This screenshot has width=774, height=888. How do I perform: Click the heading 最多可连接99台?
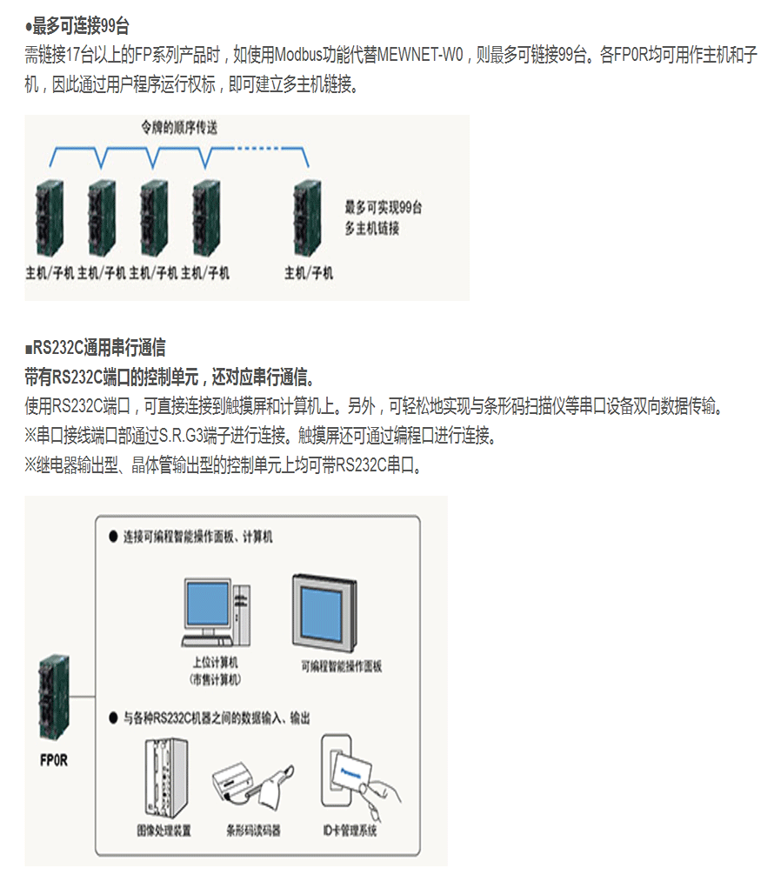click(x=80, y=25)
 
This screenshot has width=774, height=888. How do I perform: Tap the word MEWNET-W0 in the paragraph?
click(x=420, y=55)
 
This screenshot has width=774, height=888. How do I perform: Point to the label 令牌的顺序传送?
click(x=179, y=128)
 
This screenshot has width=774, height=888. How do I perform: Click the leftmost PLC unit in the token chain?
click(x=50, y=218)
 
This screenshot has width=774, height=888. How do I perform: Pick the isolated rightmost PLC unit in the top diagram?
click(x=308, y=218)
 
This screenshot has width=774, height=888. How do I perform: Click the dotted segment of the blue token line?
click(x=257, y=149)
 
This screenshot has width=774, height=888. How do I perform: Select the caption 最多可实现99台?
click(x=384, y=207)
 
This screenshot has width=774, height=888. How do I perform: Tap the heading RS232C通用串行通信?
click(x=99, y=348)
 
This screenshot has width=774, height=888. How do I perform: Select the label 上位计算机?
click(x=215, y=663)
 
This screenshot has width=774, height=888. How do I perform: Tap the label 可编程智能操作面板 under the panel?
click(x=342, y=666)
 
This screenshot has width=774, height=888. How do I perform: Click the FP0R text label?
click(x=54, y=760)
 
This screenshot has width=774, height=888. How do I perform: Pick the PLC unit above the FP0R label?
click(x=55, y=698)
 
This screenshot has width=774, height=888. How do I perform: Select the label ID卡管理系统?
click(x=350, y=831)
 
